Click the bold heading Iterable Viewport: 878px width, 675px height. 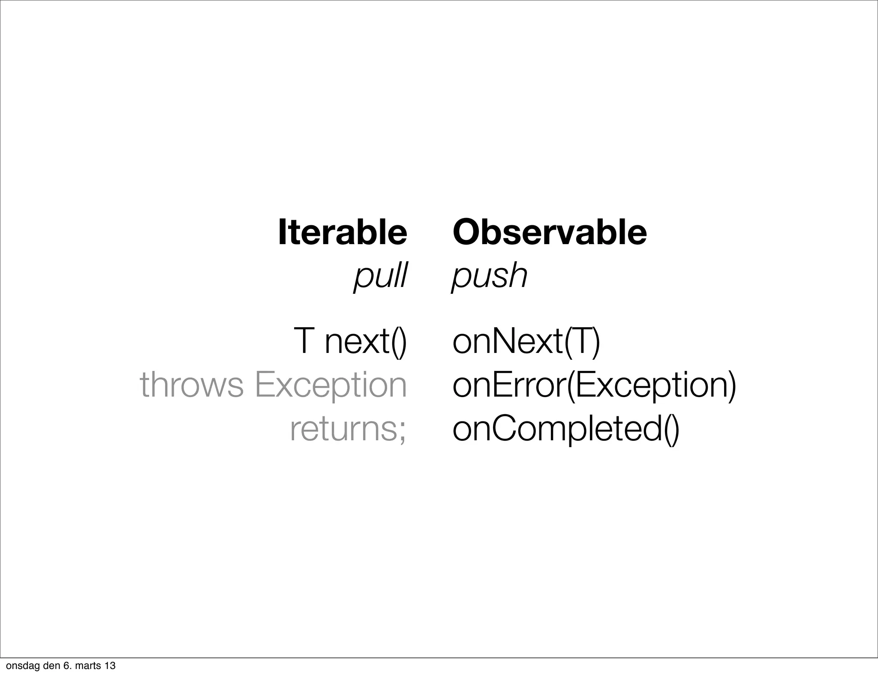[x=342, y=232]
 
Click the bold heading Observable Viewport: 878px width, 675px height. [x=550, y=232]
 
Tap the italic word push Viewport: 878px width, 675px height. [x=490, y=276]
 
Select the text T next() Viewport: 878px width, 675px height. [x=350, y=341]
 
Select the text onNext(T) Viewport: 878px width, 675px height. [x=526, y=341]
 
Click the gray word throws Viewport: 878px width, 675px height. [x=192, y=385]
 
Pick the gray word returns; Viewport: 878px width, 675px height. [x=348, y=429]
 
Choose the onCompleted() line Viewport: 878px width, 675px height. [x=566, y=430]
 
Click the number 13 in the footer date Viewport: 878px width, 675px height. [x=110, y=666]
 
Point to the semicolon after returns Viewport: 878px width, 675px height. [x=402, y=432]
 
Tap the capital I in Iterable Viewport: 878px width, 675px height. [x=282, y=232]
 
